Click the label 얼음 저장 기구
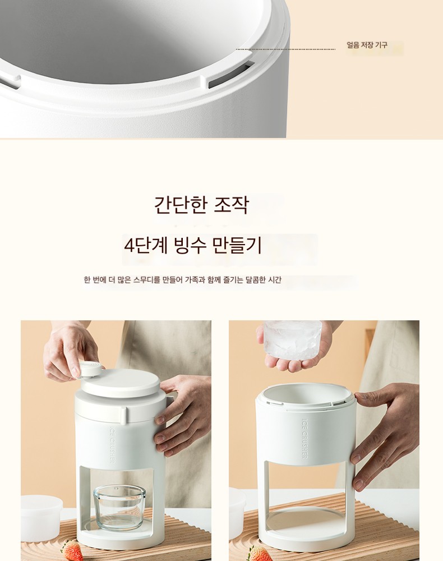tap(367, 45)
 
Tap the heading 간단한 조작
tap(201, 205)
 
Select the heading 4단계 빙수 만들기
tap(193, 246)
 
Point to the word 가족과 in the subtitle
tap(194, 279)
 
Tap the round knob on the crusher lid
tap(90, 369)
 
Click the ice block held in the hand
tap(293, 339)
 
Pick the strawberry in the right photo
tap(260, 554)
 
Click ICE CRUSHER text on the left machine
tap(112, 444)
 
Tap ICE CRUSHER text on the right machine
tap(304, 439)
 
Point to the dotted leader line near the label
tap(285, 49)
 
